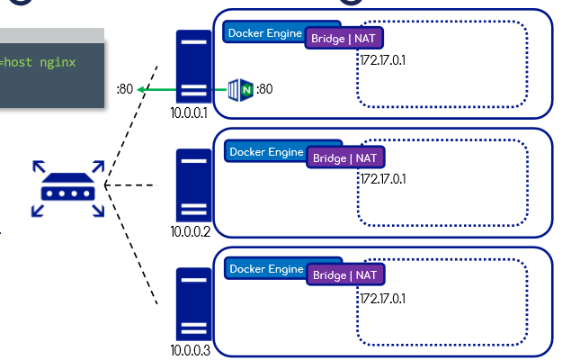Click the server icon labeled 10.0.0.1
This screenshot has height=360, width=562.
pyautogui.click(x=193, y=67)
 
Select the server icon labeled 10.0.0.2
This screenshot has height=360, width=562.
pyautogui.click(x=193, y=186)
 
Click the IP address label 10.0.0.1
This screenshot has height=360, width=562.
pyautogui.click(x=189, y=113)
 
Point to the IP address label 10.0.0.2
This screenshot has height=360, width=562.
pyautogui.click(x=190, y=231)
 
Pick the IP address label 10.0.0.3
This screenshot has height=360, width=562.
pyautogui.click(x=190, y=350)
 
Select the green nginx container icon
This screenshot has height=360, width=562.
pyautogui.click(x=240, y=89)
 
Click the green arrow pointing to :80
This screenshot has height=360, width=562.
pyautogui.click(x=180, y=89)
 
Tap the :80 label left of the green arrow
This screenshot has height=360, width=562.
pyautogui.click(x=125, y=89)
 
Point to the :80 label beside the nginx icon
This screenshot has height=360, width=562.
pyautogui.click(x=265, y=89)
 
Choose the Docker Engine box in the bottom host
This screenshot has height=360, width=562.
pyautogui.click(x=266, y=268)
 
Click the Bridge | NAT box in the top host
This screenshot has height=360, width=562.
pyautogui.click(x=344, y=39)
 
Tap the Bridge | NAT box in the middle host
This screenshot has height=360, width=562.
pyautogui.click(x=345, y=157)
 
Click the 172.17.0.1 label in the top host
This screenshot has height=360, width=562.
pyautogui.click(x=384, y=60)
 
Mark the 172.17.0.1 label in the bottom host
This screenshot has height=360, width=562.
pyautogui.click(x=384, y=297)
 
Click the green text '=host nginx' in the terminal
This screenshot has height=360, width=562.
pyautogui.click(x=38, y=62)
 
